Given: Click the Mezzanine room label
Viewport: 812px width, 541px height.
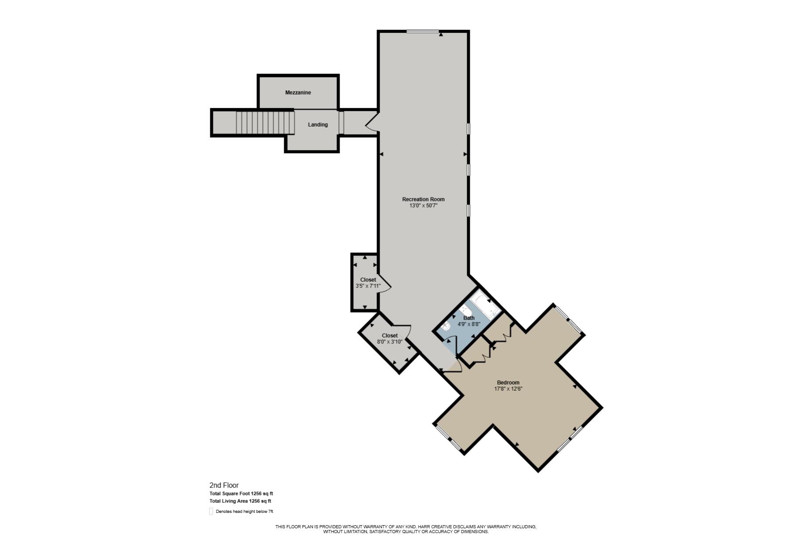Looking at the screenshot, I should coord(298,93).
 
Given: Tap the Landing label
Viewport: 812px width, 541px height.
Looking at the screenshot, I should coord(318,125).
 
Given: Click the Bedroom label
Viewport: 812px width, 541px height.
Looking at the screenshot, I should coord(508,383).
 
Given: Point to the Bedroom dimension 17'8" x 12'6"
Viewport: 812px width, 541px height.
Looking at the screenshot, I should coord(508,389).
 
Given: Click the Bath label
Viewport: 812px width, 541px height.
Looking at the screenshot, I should coord(469,318).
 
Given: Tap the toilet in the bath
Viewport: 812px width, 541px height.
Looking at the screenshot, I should coord(446,327).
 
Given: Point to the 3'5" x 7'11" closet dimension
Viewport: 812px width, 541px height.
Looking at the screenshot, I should coord(368,286).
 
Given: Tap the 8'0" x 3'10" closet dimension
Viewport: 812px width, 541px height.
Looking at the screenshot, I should coord(389,342).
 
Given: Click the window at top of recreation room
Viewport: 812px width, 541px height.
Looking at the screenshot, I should coord(422,31).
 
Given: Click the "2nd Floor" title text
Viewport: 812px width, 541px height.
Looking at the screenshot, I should coord(224,486).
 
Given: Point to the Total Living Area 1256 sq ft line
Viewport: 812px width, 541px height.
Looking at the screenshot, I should coord(240,501).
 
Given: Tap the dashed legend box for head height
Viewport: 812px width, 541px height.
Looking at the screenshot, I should coord(211,512).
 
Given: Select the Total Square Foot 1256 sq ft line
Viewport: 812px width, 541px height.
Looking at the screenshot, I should coord(241,494).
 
